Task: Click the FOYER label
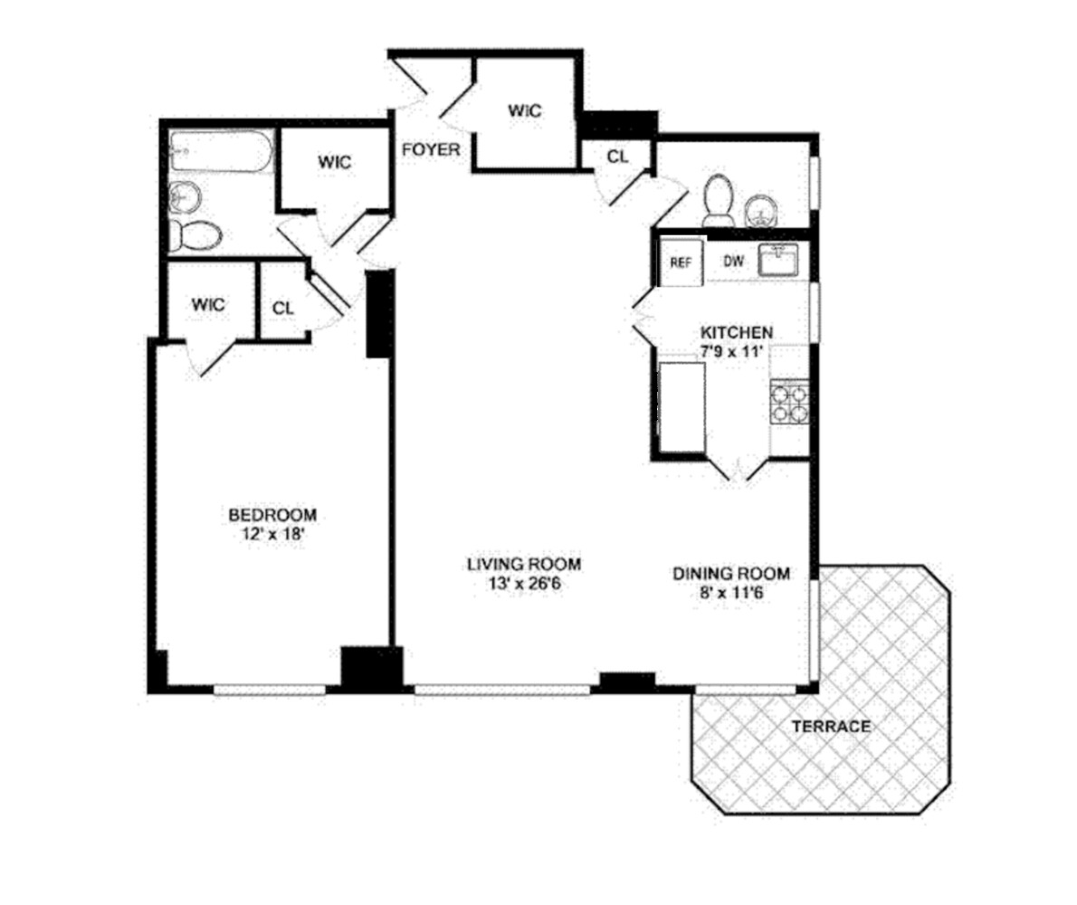click(x=431, y=149)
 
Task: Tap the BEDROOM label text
click(x=272, y=515)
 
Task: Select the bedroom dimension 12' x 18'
click(x=272, y=534)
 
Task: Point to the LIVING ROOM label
click(x=523, y=564)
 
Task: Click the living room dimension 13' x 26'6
click(x=523, y=583)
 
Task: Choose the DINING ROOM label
click(x=731, y=573)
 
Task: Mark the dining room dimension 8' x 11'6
click(x=731, y=593)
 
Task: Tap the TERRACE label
click(x=831, y=726)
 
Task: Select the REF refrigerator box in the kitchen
click(x=681, y=262)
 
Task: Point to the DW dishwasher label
click(x=733, y=262)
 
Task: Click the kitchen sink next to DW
click(x=778, y=260)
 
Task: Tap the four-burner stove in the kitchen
click(x=788, y=403)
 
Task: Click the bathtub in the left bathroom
click(x=221, y=153)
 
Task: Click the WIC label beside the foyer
click(x=524, y=111)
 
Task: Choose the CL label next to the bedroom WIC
click(x=283, y=307)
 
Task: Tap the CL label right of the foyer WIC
click(x=617, y=156)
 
